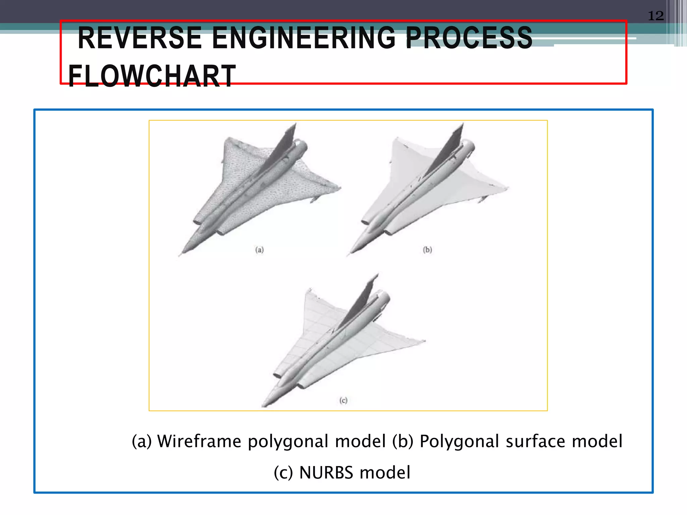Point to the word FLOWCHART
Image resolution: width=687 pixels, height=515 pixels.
[152, 76]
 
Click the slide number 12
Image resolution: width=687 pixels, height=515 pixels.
[655, 16]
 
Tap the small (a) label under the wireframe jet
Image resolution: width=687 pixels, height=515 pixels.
[259, 250]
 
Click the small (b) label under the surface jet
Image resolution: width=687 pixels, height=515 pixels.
[427, 250]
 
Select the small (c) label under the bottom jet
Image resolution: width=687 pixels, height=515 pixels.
[343, 400]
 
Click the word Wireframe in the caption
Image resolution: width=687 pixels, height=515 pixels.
[199, 441]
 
